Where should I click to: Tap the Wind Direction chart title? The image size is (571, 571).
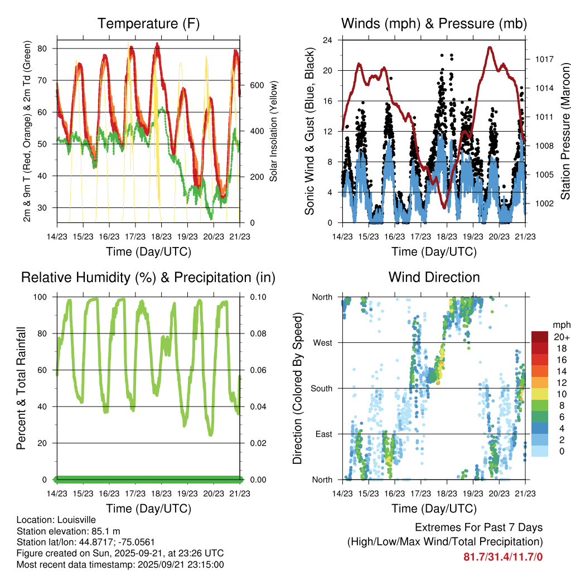click(x=434, y=277)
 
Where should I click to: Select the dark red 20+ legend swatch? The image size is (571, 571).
click(x=541, y=337)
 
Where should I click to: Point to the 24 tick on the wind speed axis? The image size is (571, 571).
click(x=328, y=40)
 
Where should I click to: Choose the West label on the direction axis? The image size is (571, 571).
click(x=323, y=342)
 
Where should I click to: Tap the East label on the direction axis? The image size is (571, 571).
click(x=323, y=434)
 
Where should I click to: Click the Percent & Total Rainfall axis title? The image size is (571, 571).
click(x=21, y=388)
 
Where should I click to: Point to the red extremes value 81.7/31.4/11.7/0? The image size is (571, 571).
click(x=503, y=557)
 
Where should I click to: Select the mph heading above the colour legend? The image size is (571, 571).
click(x=560, y=325)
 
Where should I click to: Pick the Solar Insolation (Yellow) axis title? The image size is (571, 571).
click(x=274, y=131)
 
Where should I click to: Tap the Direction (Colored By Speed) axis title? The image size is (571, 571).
click(x=297, y=388)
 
